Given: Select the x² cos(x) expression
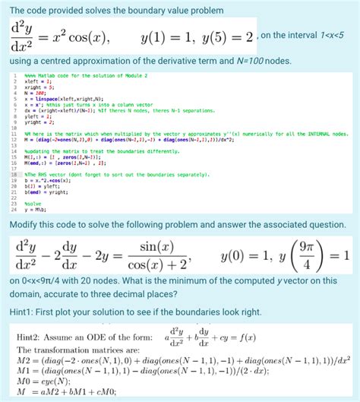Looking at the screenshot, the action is tap(82, 36).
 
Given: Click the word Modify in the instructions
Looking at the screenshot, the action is tap(28, 225).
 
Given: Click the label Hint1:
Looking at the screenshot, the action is tap(25, 312).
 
